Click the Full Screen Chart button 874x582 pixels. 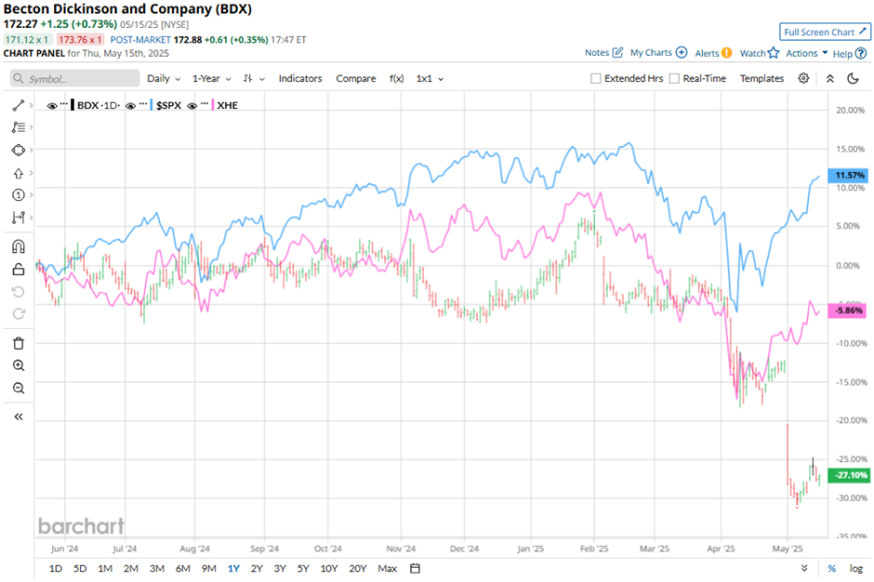pyautogui.click(x=825, y=32)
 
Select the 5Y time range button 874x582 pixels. pyautogui.click(x=303, y=568)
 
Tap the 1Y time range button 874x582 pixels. pyautogui.click(x=232, y=568)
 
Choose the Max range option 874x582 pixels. pyautogui.click(x=388, y=568)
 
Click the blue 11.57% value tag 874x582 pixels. pyautogui.click(x=851, y=175)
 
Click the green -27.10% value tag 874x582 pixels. pyautogui.click(x=851, y=475)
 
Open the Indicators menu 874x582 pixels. pyautogui.click(x=300, y=79)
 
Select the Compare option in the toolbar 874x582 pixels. pyautogui.click(x=355, y=79)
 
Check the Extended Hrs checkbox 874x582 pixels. pyautogui.click(x=596, y=79)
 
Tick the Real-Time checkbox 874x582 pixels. pyautogui.click(x=674, y=79)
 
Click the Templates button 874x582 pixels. pyautogui.click(x=761, y=79)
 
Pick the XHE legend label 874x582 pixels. pyautogui.click(x=227, y=105)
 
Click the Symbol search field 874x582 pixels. pyautogui.click(x=74, y=79)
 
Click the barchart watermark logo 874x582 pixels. pyautogui.click(x=81, y=526)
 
